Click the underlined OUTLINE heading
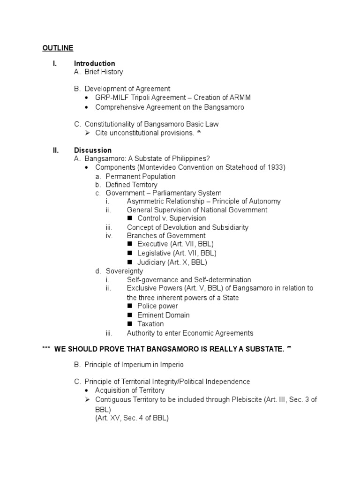tap(58, 48)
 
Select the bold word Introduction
tap(94, 63)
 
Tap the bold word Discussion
tap(92, 150)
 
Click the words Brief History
tap(104, 72)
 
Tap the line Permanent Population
tap(140, 176)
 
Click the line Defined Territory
tap(131, 185)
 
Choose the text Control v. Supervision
tap(172, 218)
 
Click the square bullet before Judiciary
tap(130, 262)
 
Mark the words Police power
tap(157, 306)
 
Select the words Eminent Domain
tap(163, 315)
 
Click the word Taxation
tap(150, 324)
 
